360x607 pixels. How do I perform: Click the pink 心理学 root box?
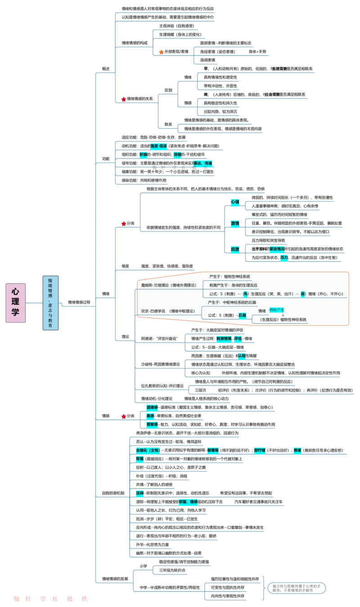point(15,303)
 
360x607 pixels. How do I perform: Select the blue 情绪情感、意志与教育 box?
point(50,303)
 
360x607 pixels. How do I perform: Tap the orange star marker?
point(161,52)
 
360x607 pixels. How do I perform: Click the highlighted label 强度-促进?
point(159,146)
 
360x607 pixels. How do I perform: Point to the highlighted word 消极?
point(177,154)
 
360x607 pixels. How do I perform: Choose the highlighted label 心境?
point(235,202)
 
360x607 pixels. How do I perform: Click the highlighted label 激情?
point(235,223)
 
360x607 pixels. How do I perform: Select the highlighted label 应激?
point(235,249)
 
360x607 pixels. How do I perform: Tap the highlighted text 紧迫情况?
point(277,249)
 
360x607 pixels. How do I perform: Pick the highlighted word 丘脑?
point(242,315)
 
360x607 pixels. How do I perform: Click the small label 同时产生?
point(277,310)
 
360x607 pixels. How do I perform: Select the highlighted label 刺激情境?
point(224,338)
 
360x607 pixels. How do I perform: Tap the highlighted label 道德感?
point(152,407)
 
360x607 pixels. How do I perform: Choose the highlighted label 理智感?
point(152,424)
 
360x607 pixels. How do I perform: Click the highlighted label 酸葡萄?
point(213,450)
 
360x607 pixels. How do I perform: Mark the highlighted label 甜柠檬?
point(260,450)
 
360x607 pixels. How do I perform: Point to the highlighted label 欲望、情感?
point(188,502)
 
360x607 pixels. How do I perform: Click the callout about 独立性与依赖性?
point(296,588)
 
